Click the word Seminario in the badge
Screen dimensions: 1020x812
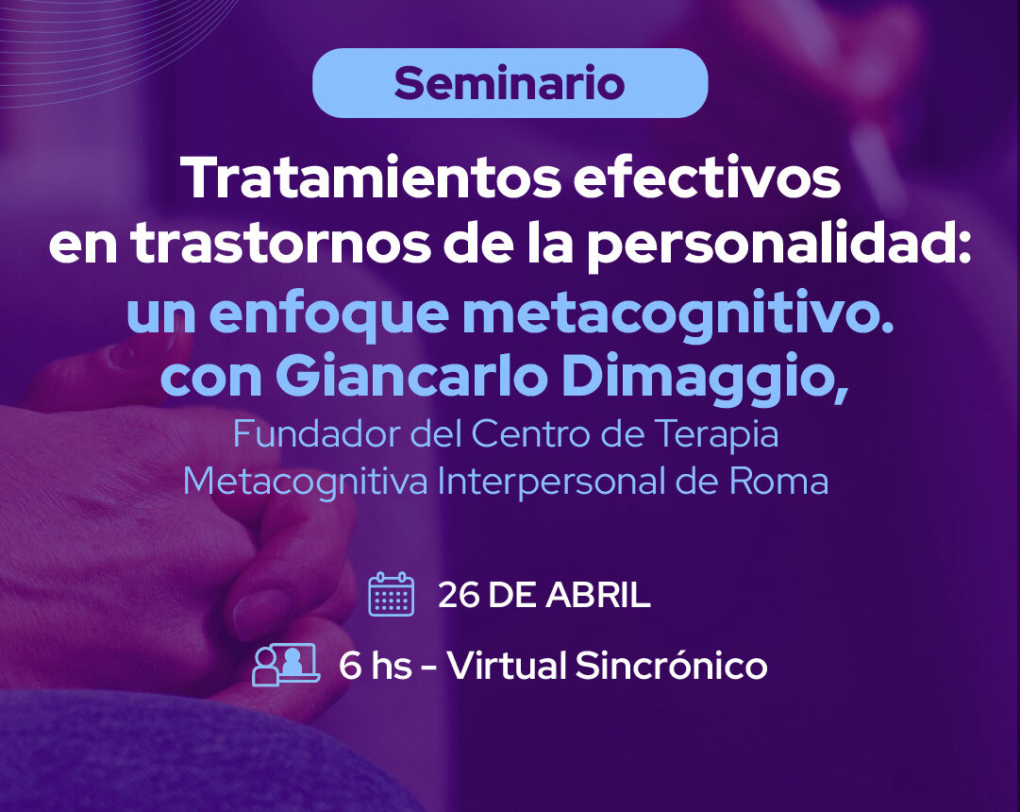click(510, 83)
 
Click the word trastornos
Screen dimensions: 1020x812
click(280, 245)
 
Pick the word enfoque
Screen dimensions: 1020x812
click(328, 313)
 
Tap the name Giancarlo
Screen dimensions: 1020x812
click(411, 377)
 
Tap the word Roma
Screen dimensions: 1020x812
click(778, 482)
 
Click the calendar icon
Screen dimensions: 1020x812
click(392, 594)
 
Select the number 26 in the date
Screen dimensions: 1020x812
click(459, 595)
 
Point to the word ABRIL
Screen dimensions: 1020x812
click(598, 595)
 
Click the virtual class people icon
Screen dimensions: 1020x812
click(286, 664)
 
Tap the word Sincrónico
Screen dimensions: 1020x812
click(671, 665)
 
